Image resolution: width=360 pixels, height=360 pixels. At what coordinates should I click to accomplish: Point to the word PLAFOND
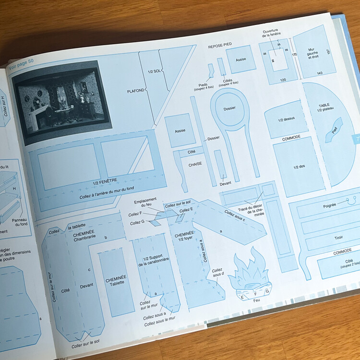coord(136,91)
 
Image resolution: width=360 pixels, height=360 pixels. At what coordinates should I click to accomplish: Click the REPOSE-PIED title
coord(220,45)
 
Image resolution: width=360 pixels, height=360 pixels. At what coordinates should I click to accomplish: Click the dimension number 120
coord(283,79)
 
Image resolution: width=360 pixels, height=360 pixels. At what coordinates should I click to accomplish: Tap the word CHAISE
coord(195,163)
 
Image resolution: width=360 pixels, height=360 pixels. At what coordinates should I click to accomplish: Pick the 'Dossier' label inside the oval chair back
coord(229,108)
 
